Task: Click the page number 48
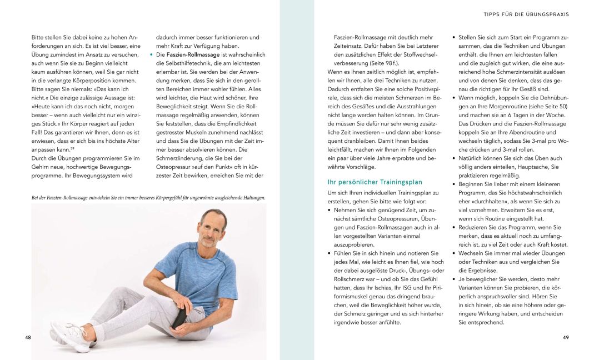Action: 28,337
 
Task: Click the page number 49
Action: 565,337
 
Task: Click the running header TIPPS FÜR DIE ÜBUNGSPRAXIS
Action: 526,14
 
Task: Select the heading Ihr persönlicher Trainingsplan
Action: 375,182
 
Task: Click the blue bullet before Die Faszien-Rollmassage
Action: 152,55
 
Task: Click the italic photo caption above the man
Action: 148,197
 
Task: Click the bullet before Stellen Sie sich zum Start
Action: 453,37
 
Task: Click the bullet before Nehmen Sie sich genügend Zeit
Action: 330,210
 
